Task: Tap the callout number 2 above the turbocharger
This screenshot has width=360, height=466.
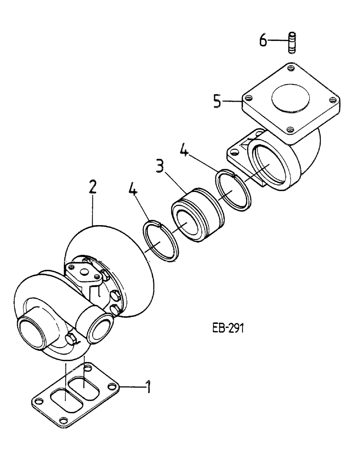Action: coord(93,188)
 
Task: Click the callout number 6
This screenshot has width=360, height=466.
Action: coord(263,41)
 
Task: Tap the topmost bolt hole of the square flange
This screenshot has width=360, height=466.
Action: coord(291,69)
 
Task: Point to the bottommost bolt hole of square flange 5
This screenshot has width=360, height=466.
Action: coord(290,130)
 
